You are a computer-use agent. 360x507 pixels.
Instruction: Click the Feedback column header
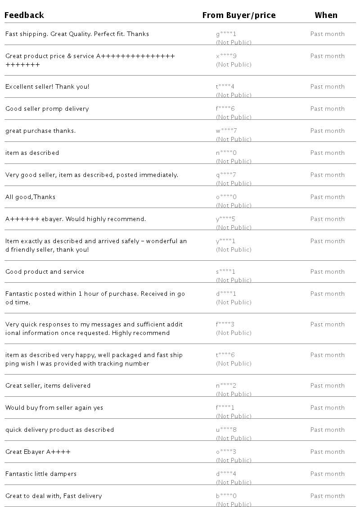[x=24, y=15]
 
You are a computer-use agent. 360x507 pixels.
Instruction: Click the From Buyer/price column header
[x=238, y=15]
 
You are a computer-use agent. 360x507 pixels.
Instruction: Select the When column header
[x=326, y=15]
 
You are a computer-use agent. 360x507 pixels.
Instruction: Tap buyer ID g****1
[x=226, y=34]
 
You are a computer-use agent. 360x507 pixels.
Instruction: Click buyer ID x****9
[x=226, y=56]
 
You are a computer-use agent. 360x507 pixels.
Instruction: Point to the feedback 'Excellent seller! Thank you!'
[x=47, y=86]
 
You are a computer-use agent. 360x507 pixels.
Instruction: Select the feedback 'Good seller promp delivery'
[x=47, y=109]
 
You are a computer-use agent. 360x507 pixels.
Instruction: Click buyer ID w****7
[x=226, y=131]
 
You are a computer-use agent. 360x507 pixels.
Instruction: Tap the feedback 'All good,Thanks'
[x=31, y=197]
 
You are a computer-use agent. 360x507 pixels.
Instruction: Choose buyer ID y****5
[x=226, y=219]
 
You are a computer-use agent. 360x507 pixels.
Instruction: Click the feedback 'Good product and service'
[x=45, y=272]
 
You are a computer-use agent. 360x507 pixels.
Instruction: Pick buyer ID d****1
[x=226, y=294]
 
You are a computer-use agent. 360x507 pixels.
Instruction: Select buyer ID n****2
[x=226, y=385]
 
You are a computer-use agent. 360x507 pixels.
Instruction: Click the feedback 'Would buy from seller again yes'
[x=54, y=407]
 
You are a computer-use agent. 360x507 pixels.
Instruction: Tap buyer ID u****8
[x=226, y=430]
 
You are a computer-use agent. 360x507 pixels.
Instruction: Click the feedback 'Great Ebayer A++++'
[x=38, y=452]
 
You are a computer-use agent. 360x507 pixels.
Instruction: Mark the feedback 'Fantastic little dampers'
[x=41, y=474]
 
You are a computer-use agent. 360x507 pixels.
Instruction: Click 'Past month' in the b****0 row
[x=327, y=496]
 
